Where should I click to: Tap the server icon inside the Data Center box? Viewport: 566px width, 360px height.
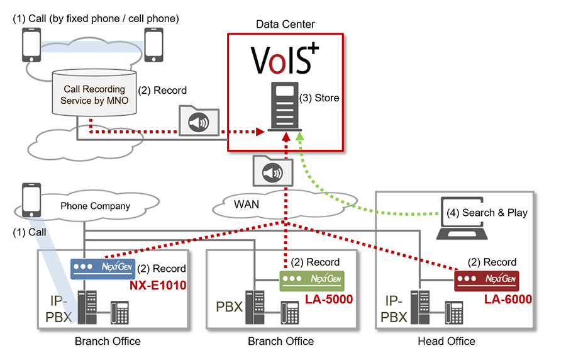coord(284,106)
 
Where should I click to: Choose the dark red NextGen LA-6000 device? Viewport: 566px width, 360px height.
coord(486,278)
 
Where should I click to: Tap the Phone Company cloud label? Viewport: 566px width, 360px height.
coord(95,206)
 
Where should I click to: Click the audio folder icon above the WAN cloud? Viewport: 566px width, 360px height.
coord(272,171)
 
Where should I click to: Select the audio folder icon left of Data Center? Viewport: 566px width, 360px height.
coord(199,121)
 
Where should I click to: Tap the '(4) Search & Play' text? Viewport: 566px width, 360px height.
coord(486,212)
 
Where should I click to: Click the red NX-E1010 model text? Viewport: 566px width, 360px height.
coord(158,284)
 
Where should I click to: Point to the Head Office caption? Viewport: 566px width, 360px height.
coord(447,341)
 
